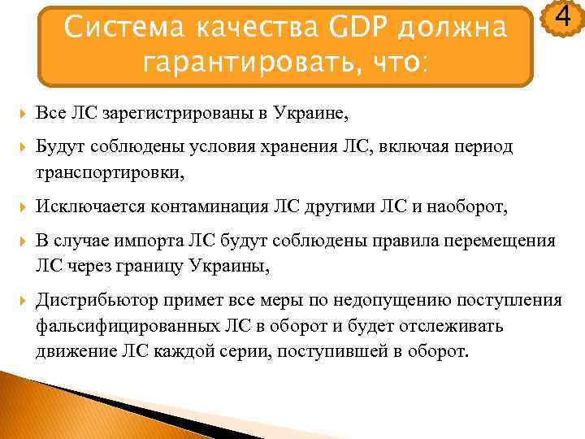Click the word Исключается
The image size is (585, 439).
click(84, 208)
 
